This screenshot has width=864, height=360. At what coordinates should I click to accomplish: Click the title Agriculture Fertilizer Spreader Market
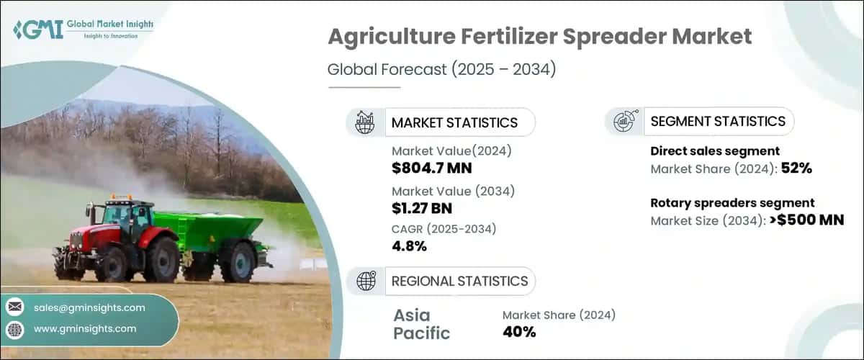(x=540, y=37)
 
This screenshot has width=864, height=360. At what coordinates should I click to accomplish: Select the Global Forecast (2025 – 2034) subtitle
(x=441, y=70)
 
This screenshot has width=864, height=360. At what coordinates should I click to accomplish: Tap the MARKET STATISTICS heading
(x=454, y=122)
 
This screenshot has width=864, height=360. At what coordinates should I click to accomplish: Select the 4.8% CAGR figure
(x=409, y=246)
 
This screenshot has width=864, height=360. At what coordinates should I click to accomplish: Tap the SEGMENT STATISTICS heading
(x=717, y=122)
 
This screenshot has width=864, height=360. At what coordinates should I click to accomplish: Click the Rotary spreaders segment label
(x=732, y=203)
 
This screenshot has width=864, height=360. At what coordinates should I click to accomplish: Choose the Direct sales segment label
(x=715, y=151)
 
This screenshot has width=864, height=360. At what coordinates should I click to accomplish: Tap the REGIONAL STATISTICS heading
(x=459, y=281)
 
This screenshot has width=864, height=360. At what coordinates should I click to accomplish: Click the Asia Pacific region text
(x=422, y=324)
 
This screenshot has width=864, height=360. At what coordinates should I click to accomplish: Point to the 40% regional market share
(x=518, y=331)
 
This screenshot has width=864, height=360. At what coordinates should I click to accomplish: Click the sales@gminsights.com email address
(x=89, y=307)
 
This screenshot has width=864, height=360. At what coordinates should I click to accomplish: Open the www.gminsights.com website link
(x=85, y=328)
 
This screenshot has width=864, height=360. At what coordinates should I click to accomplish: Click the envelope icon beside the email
(x=14, y=307)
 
